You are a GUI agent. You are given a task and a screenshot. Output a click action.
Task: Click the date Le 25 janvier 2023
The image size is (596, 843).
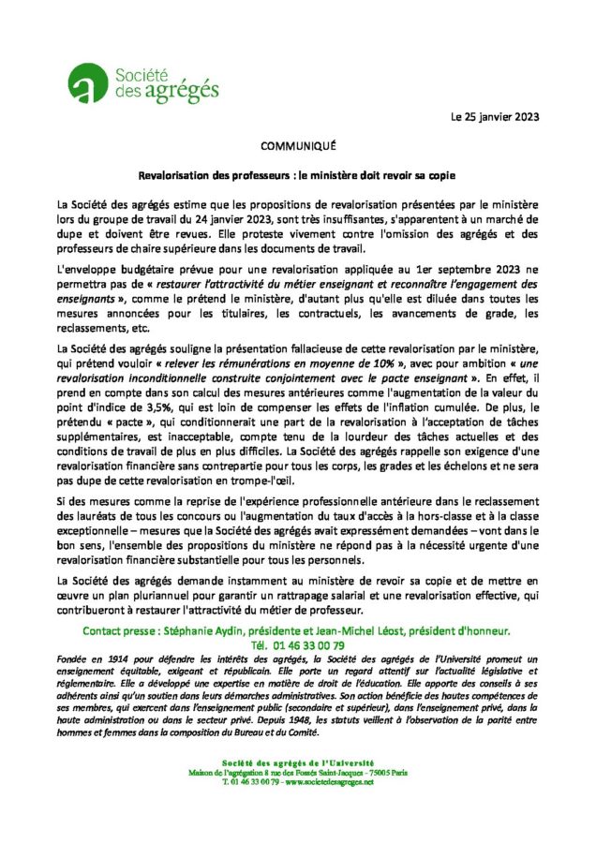495,118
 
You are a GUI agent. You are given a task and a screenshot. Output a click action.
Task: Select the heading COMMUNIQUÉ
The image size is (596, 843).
297,147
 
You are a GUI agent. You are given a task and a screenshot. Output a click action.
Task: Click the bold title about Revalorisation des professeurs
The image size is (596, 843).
297,174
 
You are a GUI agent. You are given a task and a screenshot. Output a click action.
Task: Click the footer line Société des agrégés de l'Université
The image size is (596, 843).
297,763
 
